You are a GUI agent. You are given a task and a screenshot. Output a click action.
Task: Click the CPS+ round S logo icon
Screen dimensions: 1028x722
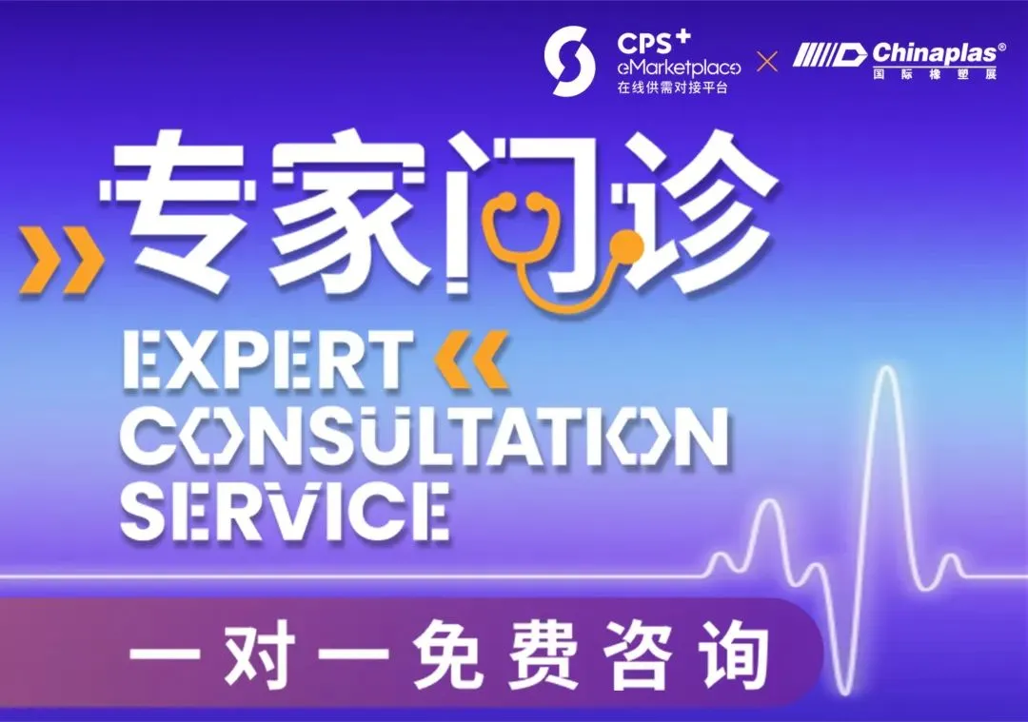point(570,61)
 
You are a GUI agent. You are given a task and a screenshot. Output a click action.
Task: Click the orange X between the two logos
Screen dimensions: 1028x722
point(767,62)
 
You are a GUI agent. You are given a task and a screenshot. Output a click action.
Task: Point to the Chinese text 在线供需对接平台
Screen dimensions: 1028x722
point(673,88)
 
